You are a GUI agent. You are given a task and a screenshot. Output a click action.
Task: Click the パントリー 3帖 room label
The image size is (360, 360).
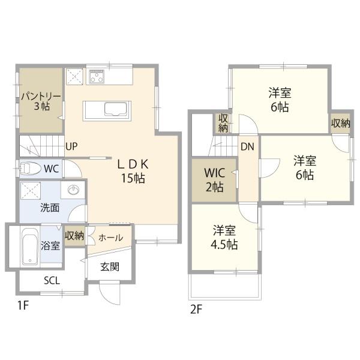[41, 101]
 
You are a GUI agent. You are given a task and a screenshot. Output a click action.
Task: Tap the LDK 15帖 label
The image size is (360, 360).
[133, 171]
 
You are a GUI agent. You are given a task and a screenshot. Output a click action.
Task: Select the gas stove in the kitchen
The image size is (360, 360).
[97, 76]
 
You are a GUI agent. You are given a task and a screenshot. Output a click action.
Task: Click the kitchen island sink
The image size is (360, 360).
[115, 109]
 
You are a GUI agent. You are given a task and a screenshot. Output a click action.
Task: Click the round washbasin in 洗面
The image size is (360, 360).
[73, 190]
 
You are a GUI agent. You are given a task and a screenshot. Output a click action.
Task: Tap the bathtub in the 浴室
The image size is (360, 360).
[30, 247]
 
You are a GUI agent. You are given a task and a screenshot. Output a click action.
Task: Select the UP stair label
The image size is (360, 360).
[71, 146]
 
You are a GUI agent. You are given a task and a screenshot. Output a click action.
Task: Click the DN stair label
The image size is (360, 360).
[247, 147]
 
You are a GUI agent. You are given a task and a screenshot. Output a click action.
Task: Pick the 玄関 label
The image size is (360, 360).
[110, 267]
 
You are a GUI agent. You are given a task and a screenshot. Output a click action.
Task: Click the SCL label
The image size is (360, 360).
[52, 280]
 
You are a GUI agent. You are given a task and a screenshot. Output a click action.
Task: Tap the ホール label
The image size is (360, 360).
[110, 238]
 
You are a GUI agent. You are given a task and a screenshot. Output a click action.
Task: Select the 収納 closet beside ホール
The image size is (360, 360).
[74, 236]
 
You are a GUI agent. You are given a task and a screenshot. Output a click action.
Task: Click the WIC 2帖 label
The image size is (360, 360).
[215, 180]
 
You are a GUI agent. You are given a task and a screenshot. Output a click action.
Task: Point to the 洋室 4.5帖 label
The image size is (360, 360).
[224, 238]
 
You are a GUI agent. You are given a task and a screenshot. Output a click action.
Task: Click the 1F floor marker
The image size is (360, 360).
[23, 305]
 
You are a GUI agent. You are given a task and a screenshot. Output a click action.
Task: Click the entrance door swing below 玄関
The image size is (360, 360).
[110, 293]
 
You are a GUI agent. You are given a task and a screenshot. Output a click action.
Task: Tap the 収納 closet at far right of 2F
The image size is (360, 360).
[340, 124]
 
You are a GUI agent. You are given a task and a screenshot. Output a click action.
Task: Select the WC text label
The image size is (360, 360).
[52, 169]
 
